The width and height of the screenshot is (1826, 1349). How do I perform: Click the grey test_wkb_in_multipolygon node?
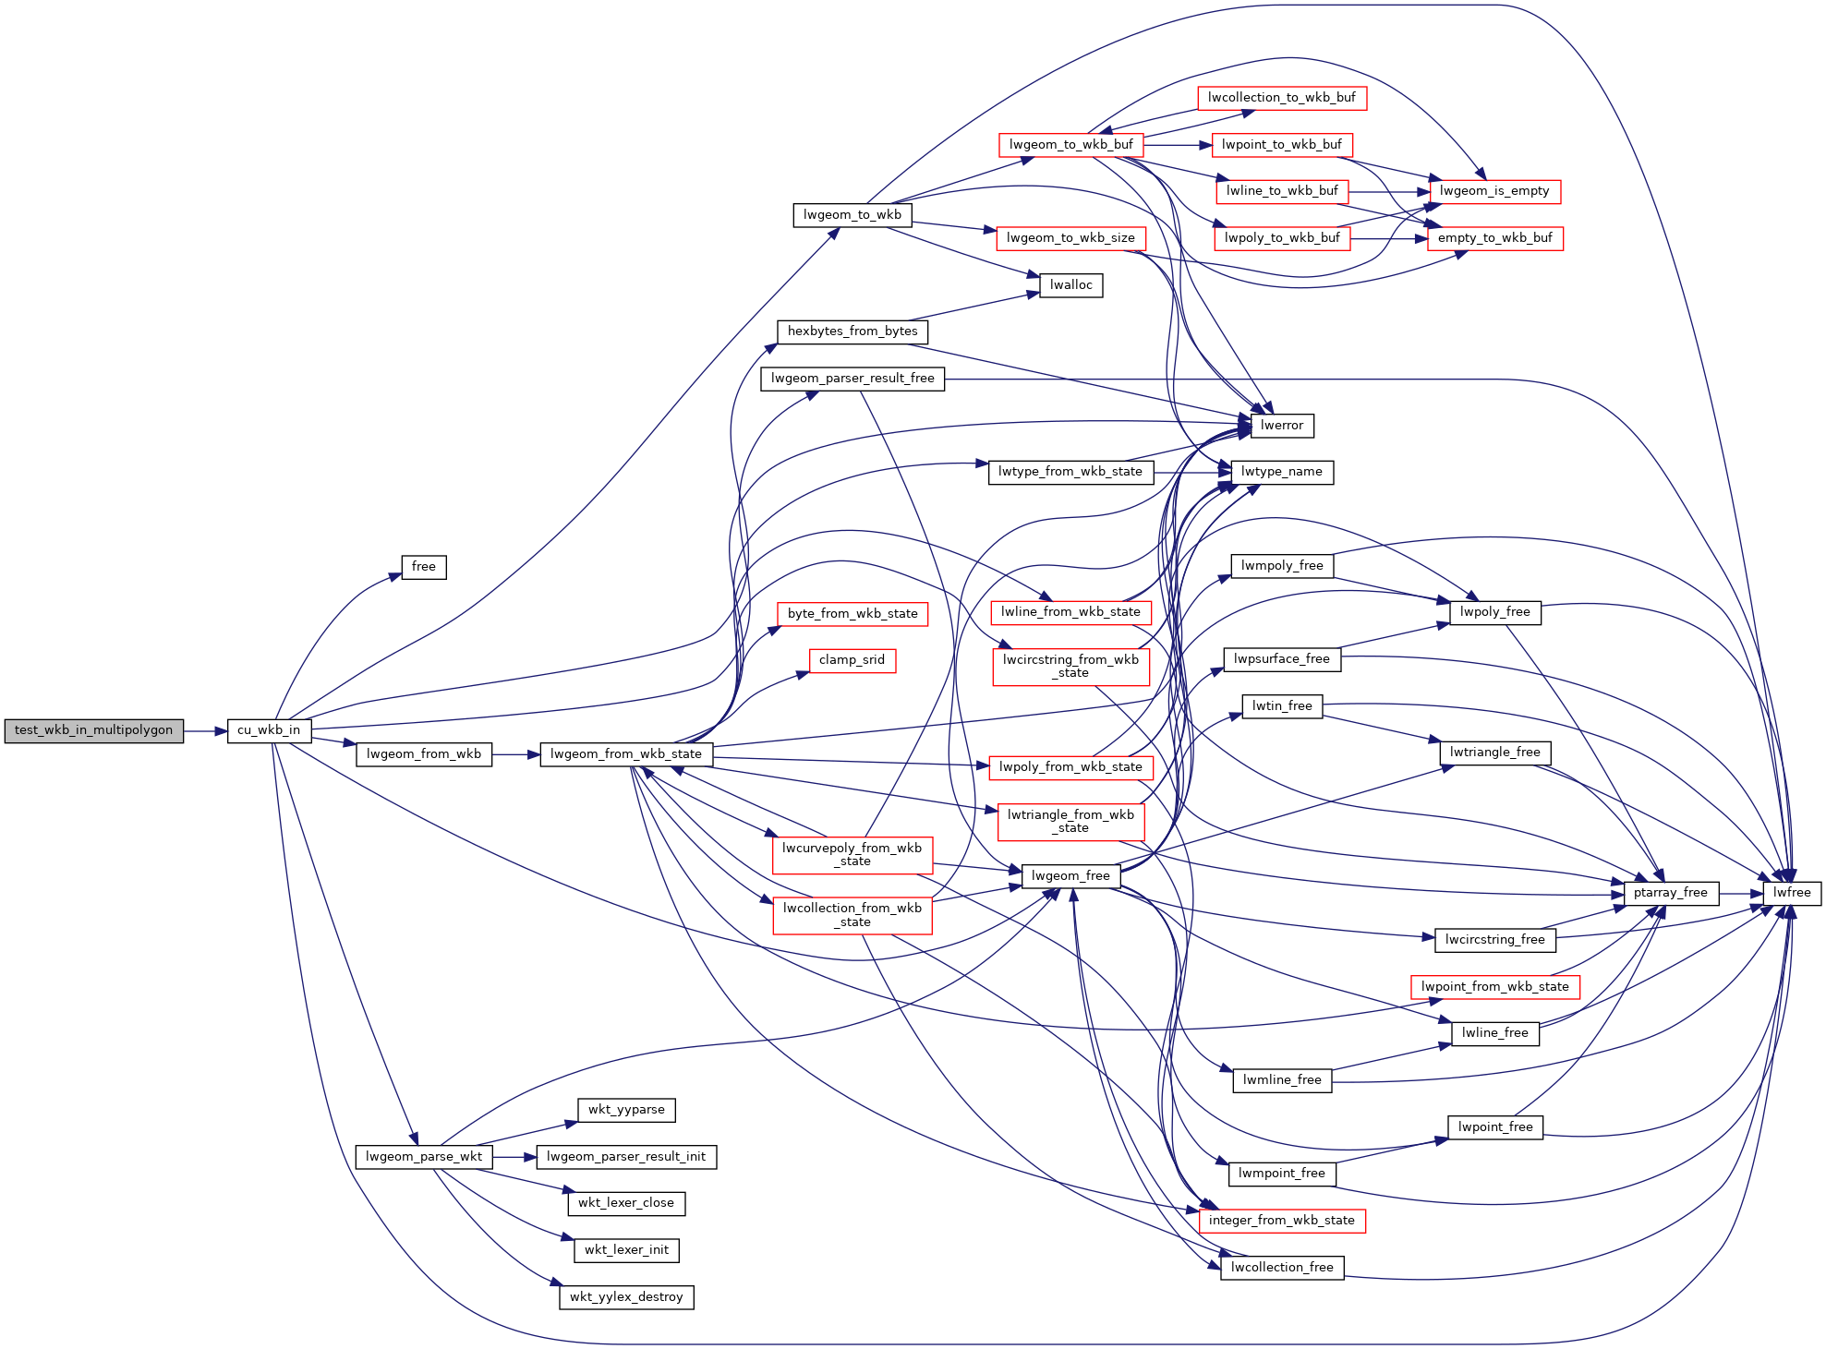pyautogui.click(x=94, y=730)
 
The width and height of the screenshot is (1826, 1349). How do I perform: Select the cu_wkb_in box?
pyautogui.click(x=269, y=730)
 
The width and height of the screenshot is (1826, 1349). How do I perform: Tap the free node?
pyautogui.click(x=424, y=567)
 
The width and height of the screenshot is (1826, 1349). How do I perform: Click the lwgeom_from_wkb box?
pyautogui.click(x=424, y=754)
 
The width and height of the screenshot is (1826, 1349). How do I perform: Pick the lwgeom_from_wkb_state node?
pyautogui.click(x=626, y=754)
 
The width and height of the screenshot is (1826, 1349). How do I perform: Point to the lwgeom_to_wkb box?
pyautogui.click(x=853, y=215)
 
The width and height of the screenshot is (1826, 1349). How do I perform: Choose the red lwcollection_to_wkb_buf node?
pyautogui.click(x=1282, y=98)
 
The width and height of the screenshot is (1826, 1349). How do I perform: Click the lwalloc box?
pyautogui.click(x=1071, y=285)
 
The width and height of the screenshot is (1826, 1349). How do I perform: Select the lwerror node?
pyautogui.click(x=1282, y=426)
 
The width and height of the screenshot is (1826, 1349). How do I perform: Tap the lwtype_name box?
pyautogui.click(x=1282, y=472)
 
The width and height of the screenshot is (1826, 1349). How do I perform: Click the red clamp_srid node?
pyautogui.click(x=853, y=660)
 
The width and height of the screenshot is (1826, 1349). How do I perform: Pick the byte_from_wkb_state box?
pyautogui.click(x=853, y=614)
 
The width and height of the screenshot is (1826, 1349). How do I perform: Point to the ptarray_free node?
pyautogui.click(x=1671, y=893)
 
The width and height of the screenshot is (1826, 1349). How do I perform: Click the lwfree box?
pyautogui.click(x=1792, y=893)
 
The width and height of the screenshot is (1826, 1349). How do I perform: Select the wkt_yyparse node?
pyautogui.click(x=626, y=1110)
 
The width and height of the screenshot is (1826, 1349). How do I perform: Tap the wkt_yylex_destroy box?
pyautogui.click(x=626, y=1297)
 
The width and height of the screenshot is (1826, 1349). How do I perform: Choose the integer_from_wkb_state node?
pyautogui.click(x=1282, y=1221)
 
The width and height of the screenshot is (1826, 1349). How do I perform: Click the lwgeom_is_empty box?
pyautogui.click(x=1495, y=191)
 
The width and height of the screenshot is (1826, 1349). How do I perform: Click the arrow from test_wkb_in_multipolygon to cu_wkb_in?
pyautogui.click(x=205, y=731)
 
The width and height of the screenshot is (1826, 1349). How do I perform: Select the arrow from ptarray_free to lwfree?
pyautogui.click(x=1740, y=893)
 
